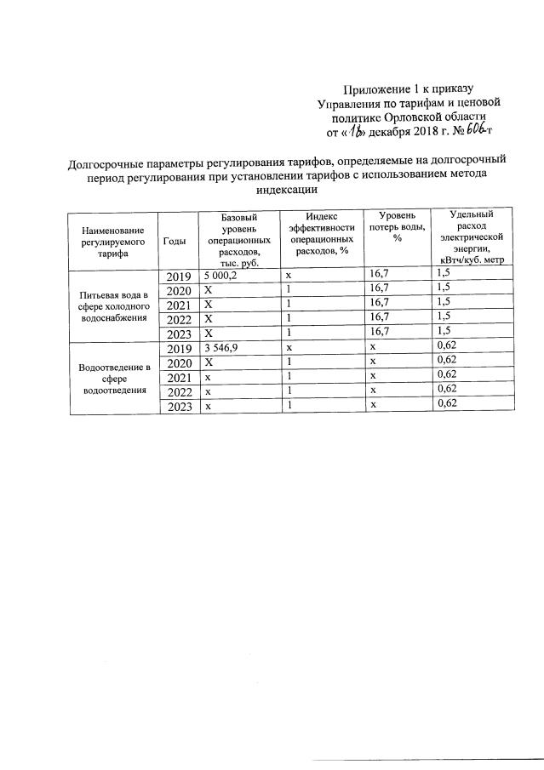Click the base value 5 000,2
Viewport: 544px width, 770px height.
coord(220,275)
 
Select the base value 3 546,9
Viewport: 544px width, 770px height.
coord(220,349)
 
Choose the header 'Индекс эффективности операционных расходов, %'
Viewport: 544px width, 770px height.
coord(321,234)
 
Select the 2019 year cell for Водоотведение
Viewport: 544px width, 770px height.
coord(178,349)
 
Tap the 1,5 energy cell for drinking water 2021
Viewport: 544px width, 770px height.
coord(443,303)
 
